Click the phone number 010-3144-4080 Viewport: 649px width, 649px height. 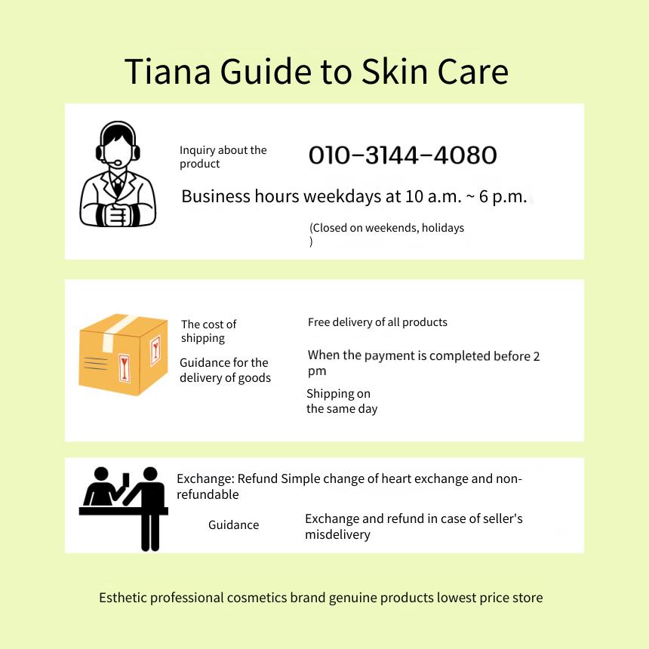coord(402,155)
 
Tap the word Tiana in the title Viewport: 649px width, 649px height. coord(168,72)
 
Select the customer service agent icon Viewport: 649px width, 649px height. coord(118,174)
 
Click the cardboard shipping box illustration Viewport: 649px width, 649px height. coord(123,354)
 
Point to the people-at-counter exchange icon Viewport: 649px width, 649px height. coord(123,509)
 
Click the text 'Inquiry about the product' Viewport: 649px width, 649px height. coord(223,157)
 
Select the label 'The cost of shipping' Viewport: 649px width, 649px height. coord(208,331)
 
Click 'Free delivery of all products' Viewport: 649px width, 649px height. coord(377,322)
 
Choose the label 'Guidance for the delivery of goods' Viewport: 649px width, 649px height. coord(225,370)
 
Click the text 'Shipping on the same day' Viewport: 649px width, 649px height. coord(342,401)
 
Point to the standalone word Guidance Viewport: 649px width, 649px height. coord(233,524)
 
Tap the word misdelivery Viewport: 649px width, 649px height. coord(337,534)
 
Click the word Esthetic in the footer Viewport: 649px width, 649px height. coord(122,598)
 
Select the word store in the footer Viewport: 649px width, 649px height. coord(528,598)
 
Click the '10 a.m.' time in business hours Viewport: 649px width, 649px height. coord(433,196)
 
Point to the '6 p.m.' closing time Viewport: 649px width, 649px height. coord(503,197)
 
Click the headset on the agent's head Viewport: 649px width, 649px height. coord(118,140)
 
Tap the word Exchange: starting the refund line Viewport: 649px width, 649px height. coord(206,479)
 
